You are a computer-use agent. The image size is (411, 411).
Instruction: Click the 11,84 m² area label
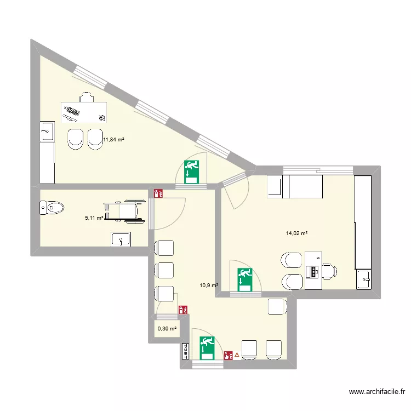(x=113, y=140)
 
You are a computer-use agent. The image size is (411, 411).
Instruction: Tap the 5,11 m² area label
(x=94, y=218)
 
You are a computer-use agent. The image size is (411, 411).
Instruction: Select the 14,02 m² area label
(x=296, y=233)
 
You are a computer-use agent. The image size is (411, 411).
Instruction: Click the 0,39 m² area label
(x=167, y=329)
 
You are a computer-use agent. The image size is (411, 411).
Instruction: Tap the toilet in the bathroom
(x=52, y=208)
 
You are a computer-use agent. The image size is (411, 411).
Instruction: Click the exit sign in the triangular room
(x=191, y=171)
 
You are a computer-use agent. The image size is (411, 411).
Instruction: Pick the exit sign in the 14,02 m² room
(x=244, y=278)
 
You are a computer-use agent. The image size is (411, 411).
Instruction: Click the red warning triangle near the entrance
(x=237, y=355)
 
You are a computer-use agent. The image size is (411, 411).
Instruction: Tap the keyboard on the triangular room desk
(x=72, y=113)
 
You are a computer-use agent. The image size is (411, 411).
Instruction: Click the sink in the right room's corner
(x=365, y=279)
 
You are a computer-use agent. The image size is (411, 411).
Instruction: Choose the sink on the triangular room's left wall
(x=47, y=132)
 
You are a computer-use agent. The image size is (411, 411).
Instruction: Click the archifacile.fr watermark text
(x=376, y=392)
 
